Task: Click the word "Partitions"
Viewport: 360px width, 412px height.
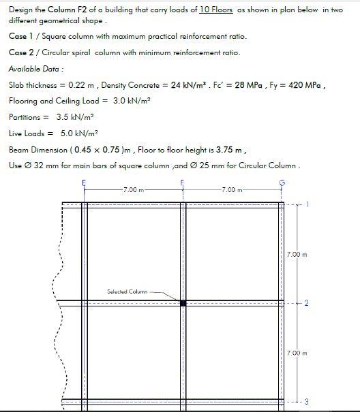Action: click(x=25, y=117)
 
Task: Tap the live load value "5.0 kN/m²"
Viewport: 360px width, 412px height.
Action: click(x=76, y=133)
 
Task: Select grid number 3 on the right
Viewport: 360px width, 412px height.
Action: click(x=306, y=401)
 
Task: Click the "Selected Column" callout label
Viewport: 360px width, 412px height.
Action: click(x=127, y=291)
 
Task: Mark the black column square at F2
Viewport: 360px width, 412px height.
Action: click(x=183, y=302)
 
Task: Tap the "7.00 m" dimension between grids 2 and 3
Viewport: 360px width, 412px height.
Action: click(x=297, y=353)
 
